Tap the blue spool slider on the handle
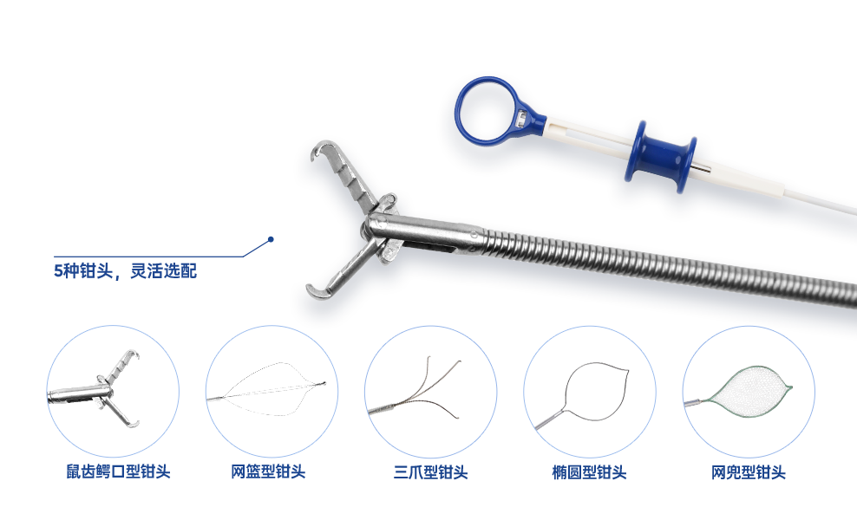click(661, 156)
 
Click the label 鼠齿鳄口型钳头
click(118, 472)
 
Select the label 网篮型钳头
click(268, 472)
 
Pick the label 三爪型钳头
click(431, 472)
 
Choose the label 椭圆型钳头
click(589, 472)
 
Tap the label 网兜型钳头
click(749, 472)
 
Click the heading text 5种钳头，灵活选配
click(125, 271)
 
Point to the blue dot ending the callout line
click(271, 239)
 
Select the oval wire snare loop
click(566, 382)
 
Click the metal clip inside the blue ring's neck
click(522, 117)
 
